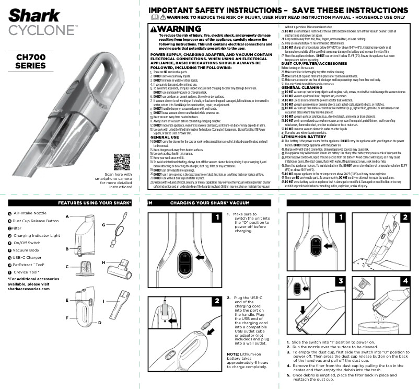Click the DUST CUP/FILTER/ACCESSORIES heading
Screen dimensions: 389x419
coord(319,63)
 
